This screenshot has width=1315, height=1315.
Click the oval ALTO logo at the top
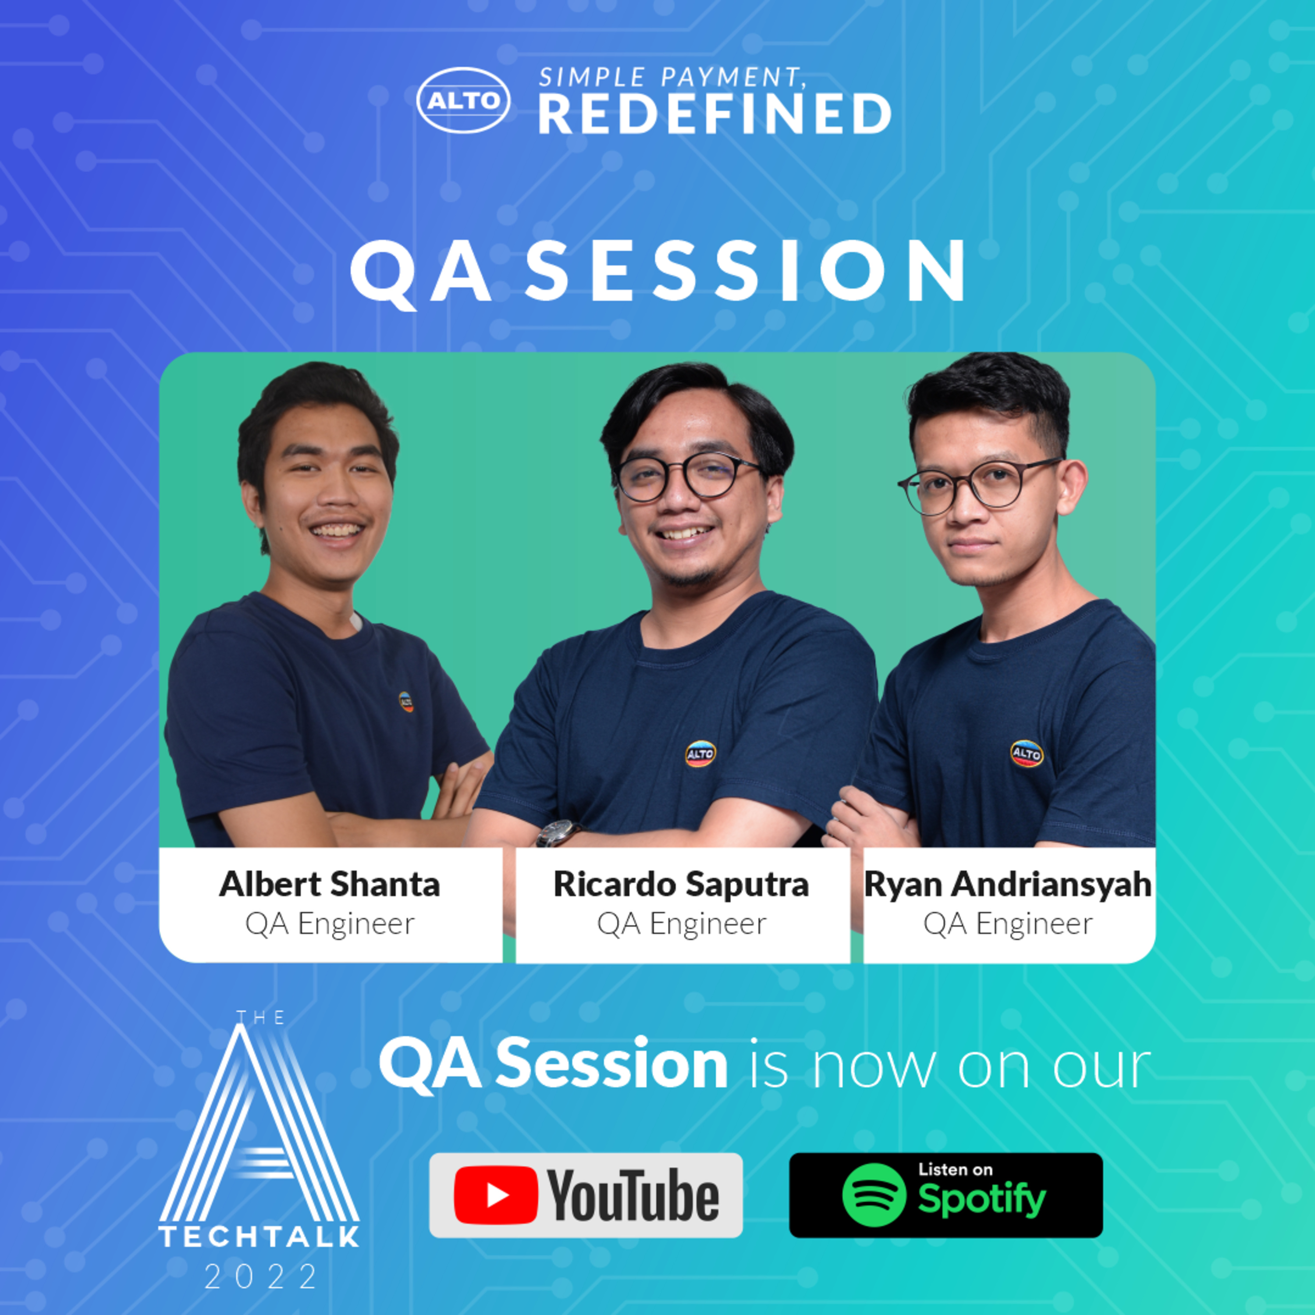pos(463,100)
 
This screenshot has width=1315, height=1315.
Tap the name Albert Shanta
pos(330,884)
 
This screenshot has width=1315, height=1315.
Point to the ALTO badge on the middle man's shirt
pos(700,754)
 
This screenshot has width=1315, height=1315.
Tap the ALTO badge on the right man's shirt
pos(1027,753)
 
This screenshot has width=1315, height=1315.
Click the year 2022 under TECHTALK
pos(261,1277)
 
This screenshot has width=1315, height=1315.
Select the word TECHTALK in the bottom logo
pos(259,1237)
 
